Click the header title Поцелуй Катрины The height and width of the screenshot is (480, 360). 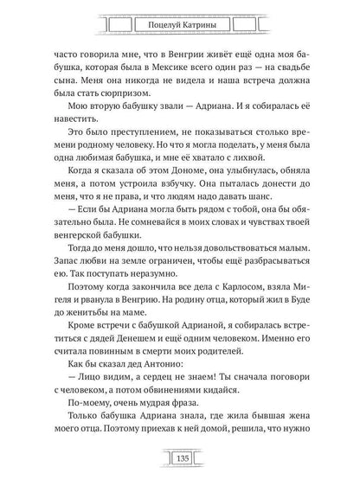[180, 19]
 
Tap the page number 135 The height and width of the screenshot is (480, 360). [180, 458]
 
